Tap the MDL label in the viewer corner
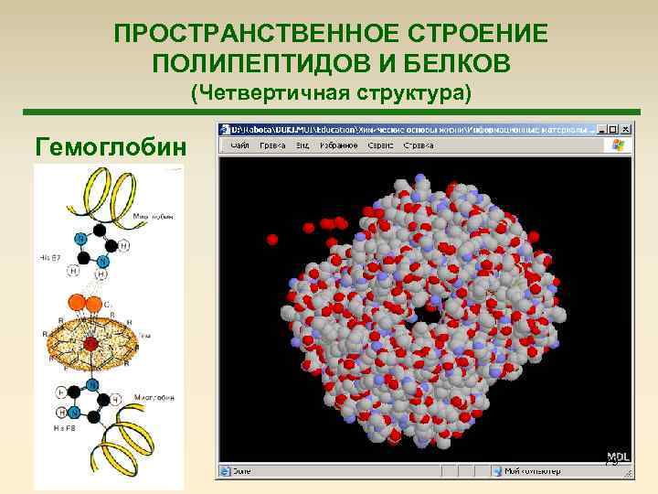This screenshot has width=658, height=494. point(619,456)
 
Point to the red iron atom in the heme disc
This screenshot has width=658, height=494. point(91,345)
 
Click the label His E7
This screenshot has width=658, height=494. point(51,259)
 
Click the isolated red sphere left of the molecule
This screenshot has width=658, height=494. point(271,240)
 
